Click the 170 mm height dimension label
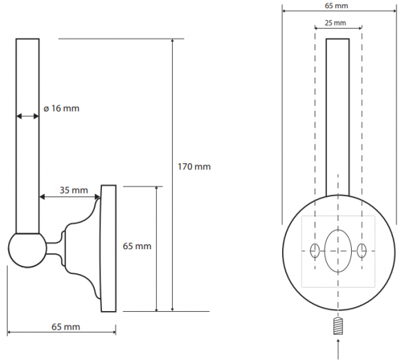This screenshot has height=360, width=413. click(194, 167)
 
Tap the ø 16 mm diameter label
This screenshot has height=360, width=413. click(61, 108)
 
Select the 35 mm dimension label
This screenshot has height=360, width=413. click(74, 190)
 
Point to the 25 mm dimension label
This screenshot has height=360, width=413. click(335, 23)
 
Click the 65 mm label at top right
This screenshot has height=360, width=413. click(337, 6)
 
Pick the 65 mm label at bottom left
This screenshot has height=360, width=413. click(65, 327)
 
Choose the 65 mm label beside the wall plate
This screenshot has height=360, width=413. click(137, 246)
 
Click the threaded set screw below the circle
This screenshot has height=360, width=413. click(338, 326)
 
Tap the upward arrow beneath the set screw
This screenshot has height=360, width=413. click(338, 349)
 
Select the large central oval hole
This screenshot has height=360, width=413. click(338, 251)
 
